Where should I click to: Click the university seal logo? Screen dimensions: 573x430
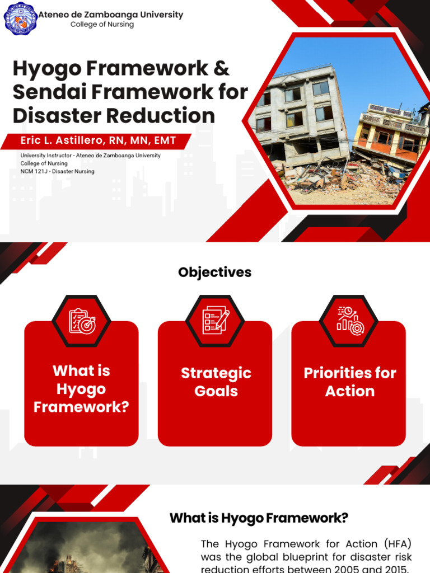[x=20, y=18]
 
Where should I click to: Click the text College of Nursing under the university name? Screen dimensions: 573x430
[x=102, y=25]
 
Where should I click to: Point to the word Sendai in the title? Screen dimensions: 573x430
[x=51, y=92]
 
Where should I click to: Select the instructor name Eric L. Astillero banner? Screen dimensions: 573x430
[x=98, y=140]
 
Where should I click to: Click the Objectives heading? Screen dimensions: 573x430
[x=214, y=273]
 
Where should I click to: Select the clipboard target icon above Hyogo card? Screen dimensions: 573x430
[x=81, y=321]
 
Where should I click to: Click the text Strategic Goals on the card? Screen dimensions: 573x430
[x=216, y=382]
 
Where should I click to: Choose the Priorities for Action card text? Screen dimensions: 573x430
[x=349, y=382]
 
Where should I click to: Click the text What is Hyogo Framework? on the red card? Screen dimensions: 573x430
[x=81, y=389]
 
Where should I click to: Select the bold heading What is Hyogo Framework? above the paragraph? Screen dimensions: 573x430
[x=259, y=518]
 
